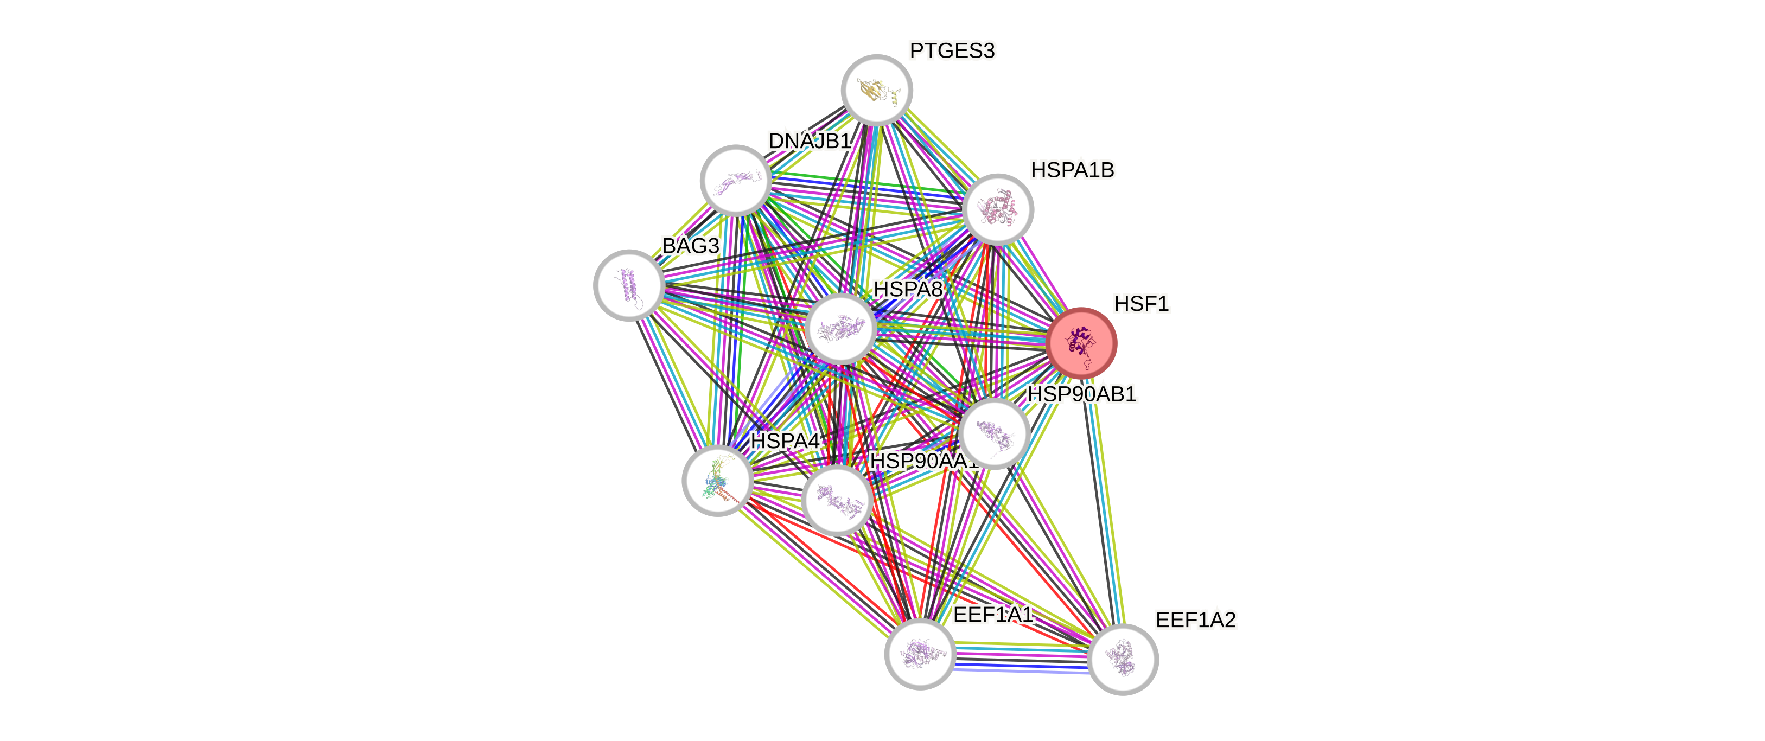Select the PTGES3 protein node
[876, 90]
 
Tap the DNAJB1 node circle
[735, 180]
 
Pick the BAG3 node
[628, 285]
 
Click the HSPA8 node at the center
[840, 329]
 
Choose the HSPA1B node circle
[998, 209]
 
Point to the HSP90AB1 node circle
[993, 433]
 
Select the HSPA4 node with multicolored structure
[717, 480]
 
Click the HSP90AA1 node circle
[837, 500]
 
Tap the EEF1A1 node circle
[920, 654]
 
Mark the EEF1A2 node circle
[1122, 659]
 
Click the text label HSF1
[1141, 303]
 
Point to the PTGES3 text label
[952, 50]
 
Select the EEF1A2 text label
[1196, 620]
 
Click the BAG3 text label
[690, 246]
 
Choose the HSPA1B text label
[1072, 170]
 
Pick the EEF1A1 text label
[992, 614]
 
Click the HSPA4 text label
[785, 441]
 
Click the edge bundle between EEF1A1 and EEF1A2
[1021, 657]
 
